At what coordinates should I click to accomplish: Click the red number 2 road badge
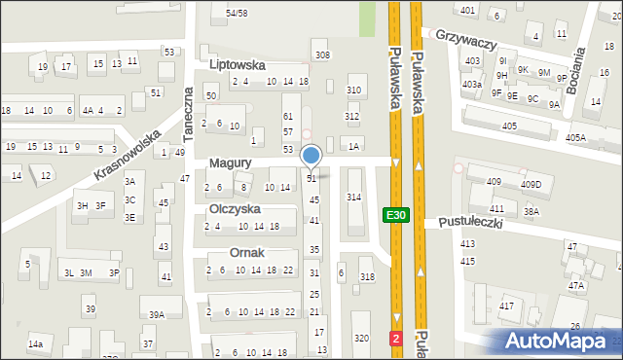click(x=396, y=338)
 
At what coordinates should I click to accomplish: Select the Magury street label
click(x=231, y=163)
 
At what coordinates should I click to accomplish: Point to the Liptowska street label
click(x=238, y=63)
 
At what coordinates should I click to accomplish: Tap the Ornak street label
click(x=247, y=252)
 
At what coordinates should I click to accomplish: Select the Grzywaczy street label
click(x=467, y=45)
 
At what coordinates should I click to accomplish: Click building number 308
click(x=322, y=54)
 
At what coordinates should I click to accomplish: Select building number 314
click(x=353, y=198)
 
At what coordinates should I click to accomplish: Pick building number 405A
click(x=575, y=138)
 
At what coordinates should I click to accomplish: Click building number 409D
click(x=531, y=184)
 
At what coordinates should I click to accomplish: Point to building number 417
click(x=507, y=306)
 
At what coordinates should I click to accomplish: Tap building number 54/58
click(x=237, y=13)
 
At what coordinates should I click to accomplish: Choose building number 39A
click(x=156, y=314)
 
